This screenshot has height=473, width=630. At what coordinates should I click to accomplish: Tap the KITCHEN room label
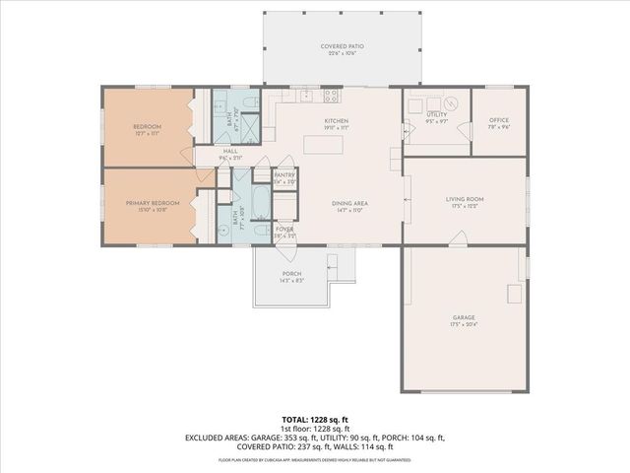(338, 121)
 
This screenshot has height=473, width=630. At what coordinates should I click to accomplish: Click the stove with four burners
(332, 96)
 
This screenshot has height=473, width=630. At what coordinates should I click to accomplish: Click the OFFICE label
(499, 120)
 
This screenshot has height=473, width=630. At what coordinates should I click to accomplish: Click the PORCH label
(291, 273)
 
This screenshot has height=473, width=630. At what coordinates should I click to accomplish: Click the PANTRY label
(284, 175)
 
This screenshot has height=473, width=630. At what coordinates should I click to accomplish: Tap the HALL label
(229, 151)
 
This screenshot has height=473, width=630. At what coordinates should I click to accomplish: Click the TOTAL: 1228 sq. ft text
(315, 420)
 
